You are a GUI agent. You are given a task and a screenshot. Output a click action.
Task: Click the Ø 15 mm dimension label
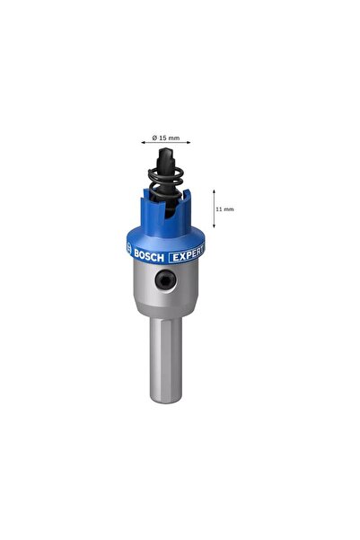pyautogui.click(x=167, y=137)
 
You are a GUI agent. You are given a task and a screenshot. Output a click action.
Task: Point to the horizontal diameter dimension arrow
pyautogui.click(x=166, y=143)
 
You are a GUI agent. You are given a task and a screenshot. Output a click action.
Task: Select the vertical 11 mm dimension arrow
pyautogui.click(x=214, y=208)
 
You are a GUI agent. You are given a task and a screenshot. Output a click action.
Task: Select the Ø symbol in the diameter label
pyautogui.click(x=154, y=137)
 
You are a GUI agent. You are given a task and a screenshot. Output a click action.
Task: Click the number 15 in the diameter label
pyautogui.click(x=163, y=137)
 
